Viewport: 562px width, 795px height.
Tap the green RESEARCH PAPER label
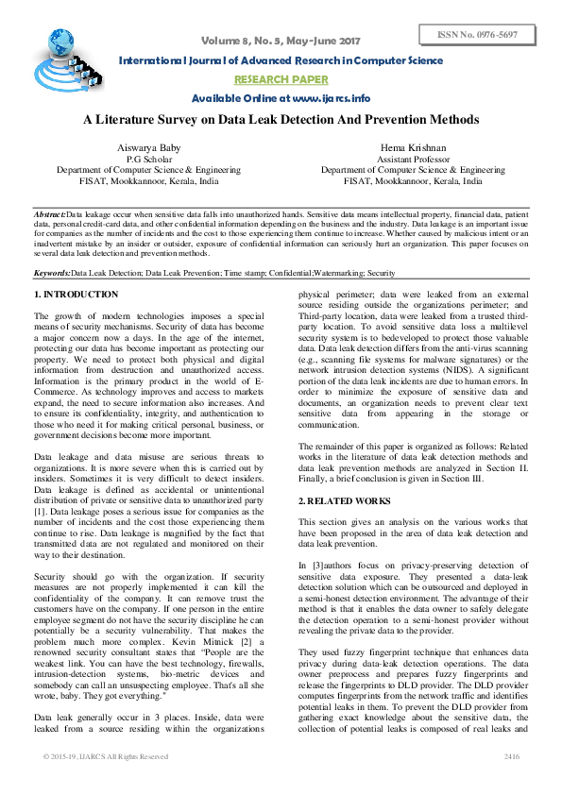click(x=281, y=79)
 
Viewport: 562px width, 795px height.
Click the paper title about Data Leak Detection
click(x=281, y=120)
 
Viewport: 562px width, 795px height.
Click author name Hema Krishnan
click(x=413, y=148)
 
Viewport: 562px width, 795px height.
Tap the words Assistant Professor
click(x=413, y=160)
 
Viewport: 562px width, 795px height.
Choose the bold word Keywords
click(x=52, y=272)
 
